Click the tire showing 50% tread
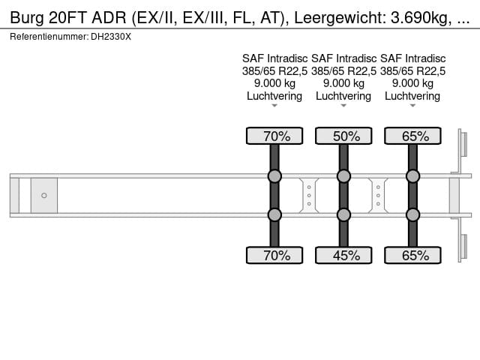pyautogui.click(x=343, y=136)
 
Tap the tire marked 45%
pyautogui.click(x=343, y=256)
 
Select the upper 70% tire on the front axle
pyautogui.click(x=274, y=136)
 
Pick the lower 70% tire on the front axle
pyautogui.click(x=274, y=256)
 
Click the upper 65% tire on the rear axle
pyautogui.click(x=412, y=136)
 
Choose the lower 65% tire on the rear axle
pyautogui.click(x=412, y=256)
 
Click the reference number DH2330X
pyautogui.click(x=111, y=36)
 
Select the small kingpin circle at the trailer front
pyautogui.click(x=43, y=196)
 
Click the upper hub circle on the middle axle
pyautogui.click(x=343, y=176)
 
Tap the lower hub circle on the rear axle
pyautogui.click(x=412, y=215)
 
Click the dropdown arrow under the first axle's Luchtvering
pyautogui.click(x=274, y=106)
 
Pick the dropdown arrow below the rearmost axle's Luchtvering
pyautogui.click(x=412, y=106)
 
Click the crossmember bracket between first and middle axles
pyautogui.click(x=309, y=196)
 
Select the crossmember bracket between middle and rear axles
pyautogui.click(x=379, y=196)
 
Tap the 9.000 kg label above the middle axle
pyautogui.click(x=343, y=83)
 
